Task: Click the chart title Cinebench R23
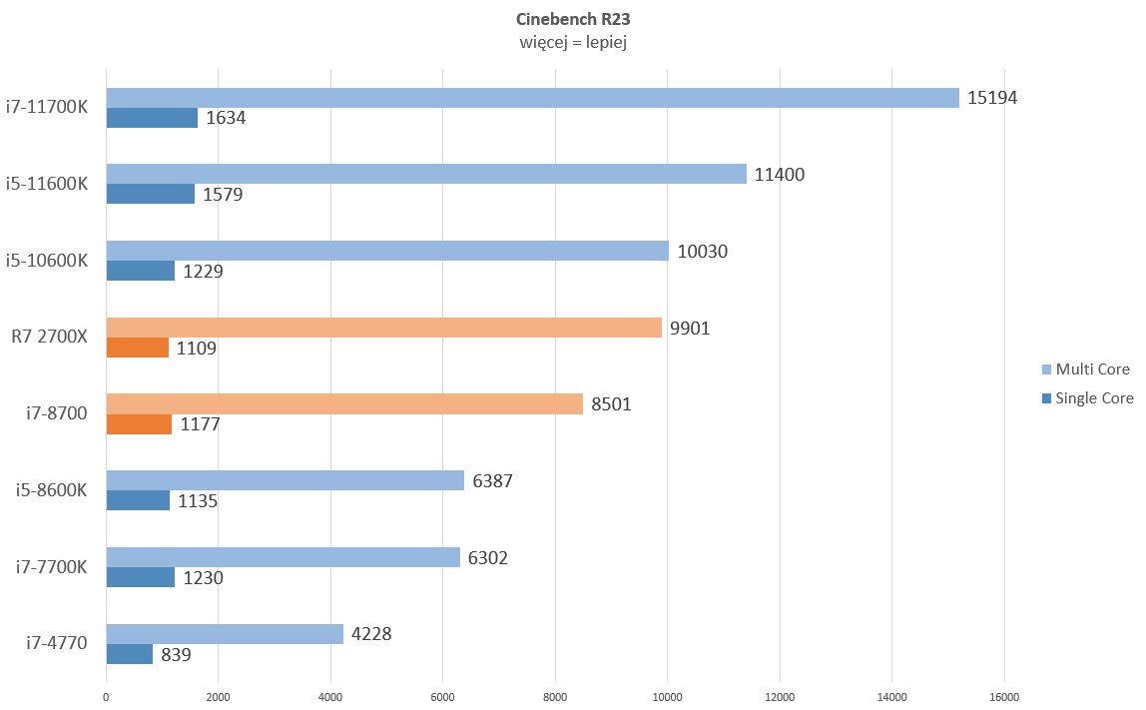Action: (572, 19)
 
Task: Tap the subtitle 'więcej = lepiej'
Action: (572, 42)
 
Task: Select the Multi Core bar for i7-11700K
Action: (532, 98)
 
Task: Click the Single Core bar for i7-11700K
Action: (152, 118)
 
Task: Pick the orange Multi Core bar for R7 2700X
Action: (383, 328)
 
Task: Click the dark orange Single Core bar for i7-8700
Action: (139, 424)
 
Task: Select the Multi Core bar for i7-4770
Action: (225, 634)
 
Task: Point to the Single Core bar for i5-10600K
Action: (141, 271)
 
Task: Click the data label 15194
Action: (992, 98)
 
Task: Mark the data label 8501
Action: (611, 404)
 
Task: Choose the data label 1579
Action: (224, 195)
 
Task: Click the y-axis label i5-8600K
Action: (52, 490)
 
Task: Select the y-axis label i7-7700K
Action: (52, 567)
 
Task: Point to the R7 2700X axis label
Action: (50, 337)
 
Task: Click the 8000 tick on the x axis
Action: (555, 697)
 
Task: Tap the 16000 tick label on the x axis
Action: (1004, 697)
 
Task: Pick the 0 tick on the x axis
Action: (106, 697)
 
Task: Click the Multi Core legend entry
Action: (1085, 369)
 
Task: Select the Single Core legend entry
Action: (1087, 398)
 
